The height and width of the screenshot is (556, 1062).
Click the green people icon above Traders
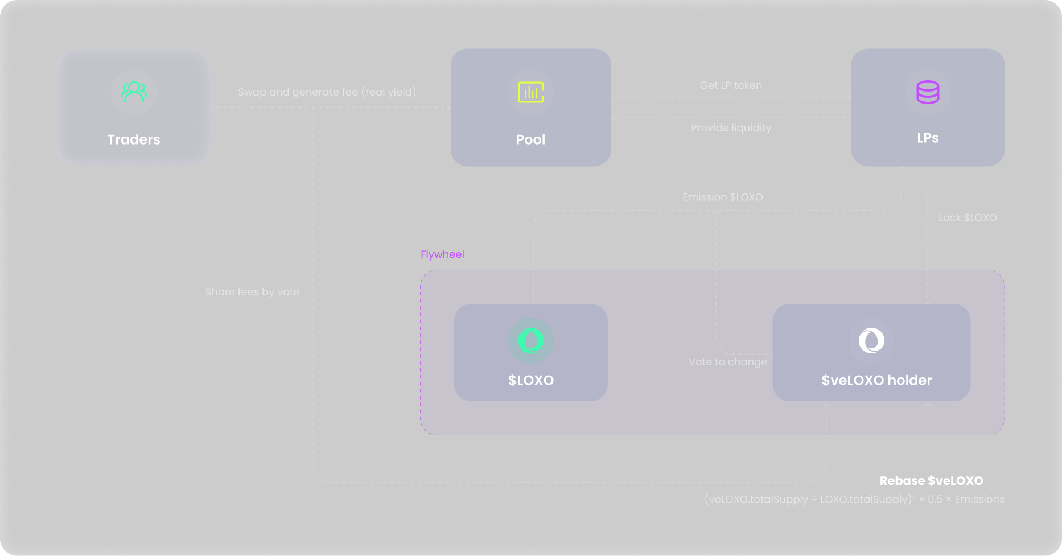[134, 92]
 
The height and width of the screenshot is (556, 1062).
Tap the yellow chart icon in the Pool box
[531, 92]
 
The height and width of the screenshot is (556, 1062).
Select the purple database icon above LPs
[928, 92]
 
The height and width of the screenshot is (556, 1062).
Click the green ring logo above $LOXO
[531, 341]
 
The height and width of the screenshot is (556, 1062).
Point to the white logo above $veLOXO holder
[871, 341]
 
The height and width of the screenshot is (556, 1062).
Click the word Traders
[134, 140]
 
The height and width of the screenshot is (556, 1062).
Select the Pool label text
[530, 140]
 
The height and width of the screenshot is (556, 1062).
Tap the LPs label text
[928, 138]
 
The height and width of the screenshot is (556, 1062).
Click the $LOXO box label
[531, 380]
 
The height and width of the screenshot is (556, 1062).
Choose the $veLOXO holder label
[876, 380]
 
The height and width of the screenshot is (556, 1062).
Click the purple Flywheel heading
[442, 254]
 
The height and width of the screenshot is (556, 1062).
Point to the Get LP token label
[731, 85]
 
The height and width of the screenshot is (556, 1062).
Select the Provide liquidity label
[731, 128]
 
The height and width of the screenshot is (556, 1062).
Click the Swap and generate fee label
[327, 92]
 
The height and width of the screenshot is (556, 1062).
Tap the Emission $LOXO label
[723, 197]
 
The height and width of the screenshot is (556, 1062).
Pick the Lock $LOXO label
[968, 218]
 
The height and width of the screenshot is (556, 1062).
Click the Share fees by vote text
[252, 292]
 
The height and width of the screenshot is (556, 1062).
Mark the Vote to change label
[728, 362]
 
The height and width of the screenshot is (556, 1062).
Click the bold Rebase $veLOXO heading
[931, 481]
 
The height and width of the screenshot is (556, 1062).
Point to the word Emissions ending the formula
[979, 500]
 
